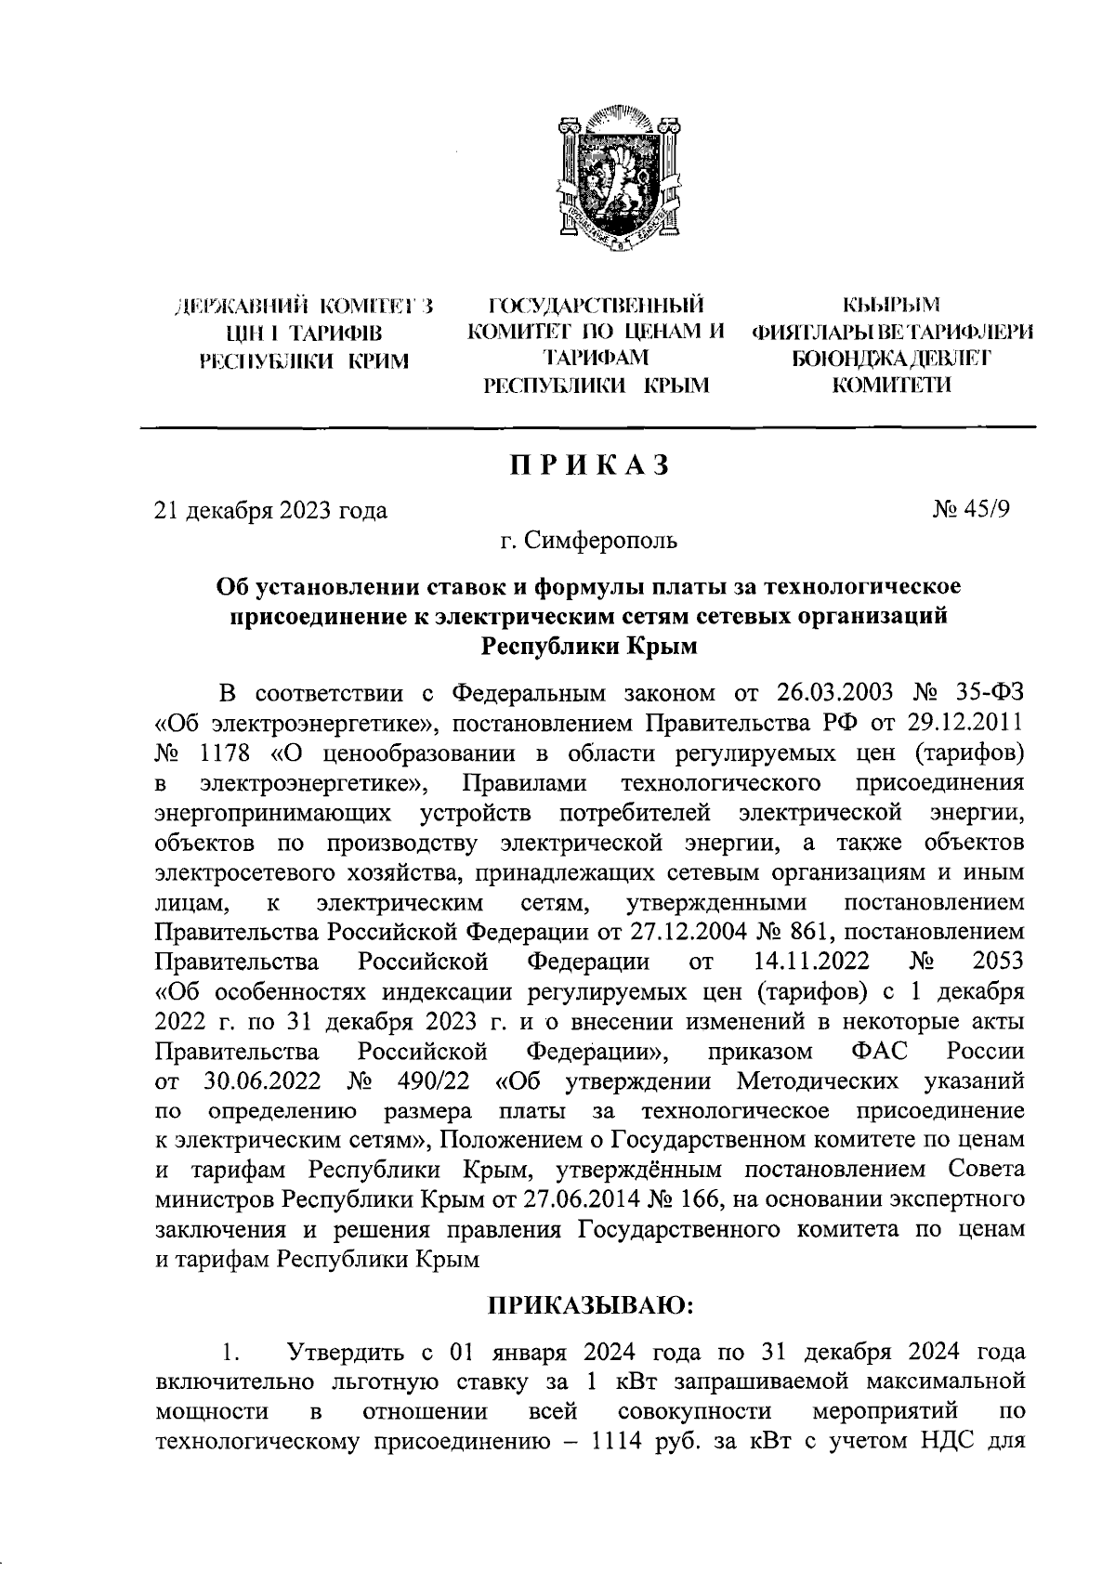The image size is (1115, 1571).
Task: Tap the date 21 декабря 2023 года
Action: pos(270,510)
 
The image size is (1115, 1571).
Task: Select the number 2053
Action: pos(998,962)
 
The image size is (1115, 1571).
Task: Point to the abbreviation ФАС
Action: pos(878,1052)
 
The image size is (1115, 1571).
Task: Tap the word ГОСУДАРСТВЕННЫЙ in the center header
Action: pos(596,304)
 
